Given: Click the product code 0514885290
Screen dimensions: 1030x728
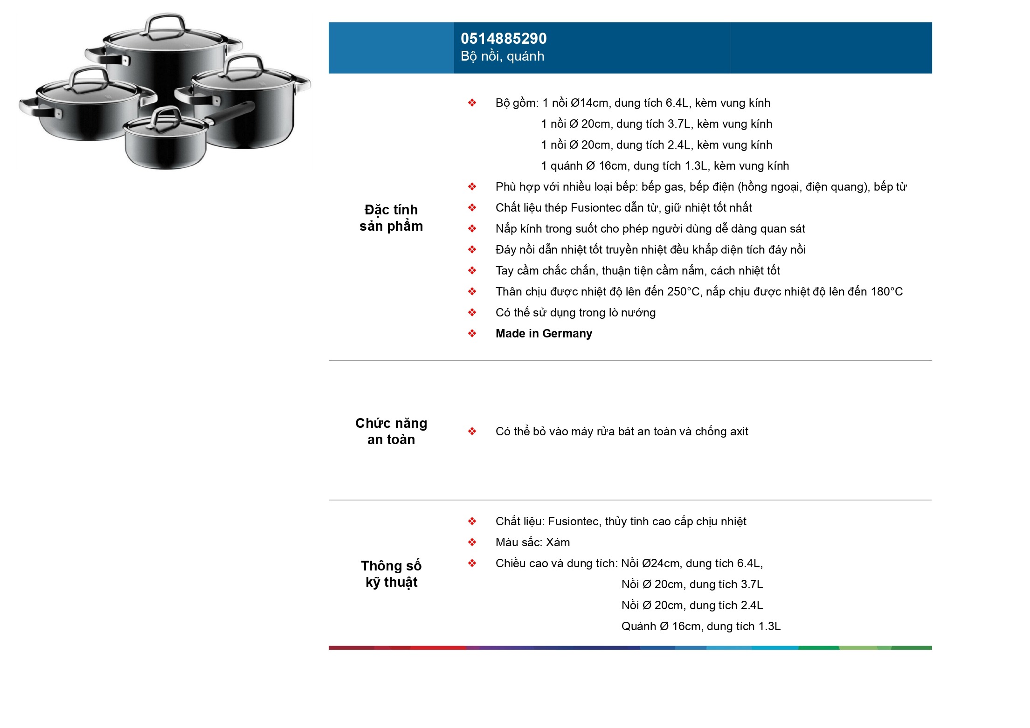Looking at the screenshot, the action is point(504,38).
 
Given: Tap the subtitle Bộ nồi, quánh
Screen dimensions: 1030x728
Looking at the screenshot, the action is point(502,56).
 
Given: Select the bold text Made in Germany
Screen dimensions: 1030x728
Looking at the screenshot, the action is point(544,334).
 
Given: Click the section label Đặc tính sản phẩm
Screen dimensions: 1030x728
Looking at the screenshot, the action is point(391,218).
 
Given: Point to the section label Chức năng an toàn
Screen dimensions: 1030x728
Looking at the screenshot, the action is point(391,431).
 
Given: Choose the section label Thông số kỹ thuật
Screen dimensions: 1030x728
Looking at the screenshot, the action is point(391,574).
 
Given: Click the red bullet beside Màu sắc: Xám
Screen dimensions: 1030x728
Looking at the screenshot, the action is point(472,543).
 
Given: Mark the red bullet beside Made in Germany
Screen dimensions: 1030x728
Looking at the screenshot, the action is point(472,334).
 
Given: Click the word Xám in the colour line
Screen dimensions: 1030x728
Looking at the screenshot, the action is point(558,543).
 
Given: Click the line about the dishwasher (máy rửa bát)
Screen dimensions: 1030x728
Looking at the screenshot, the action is point(622,432).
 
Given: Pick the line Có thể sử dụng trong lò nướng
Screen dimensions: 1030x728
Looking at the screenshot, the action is point(575,313).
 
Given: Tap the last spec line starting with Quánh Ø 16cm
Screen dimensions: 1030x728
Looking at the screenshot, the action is point(701,626).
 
